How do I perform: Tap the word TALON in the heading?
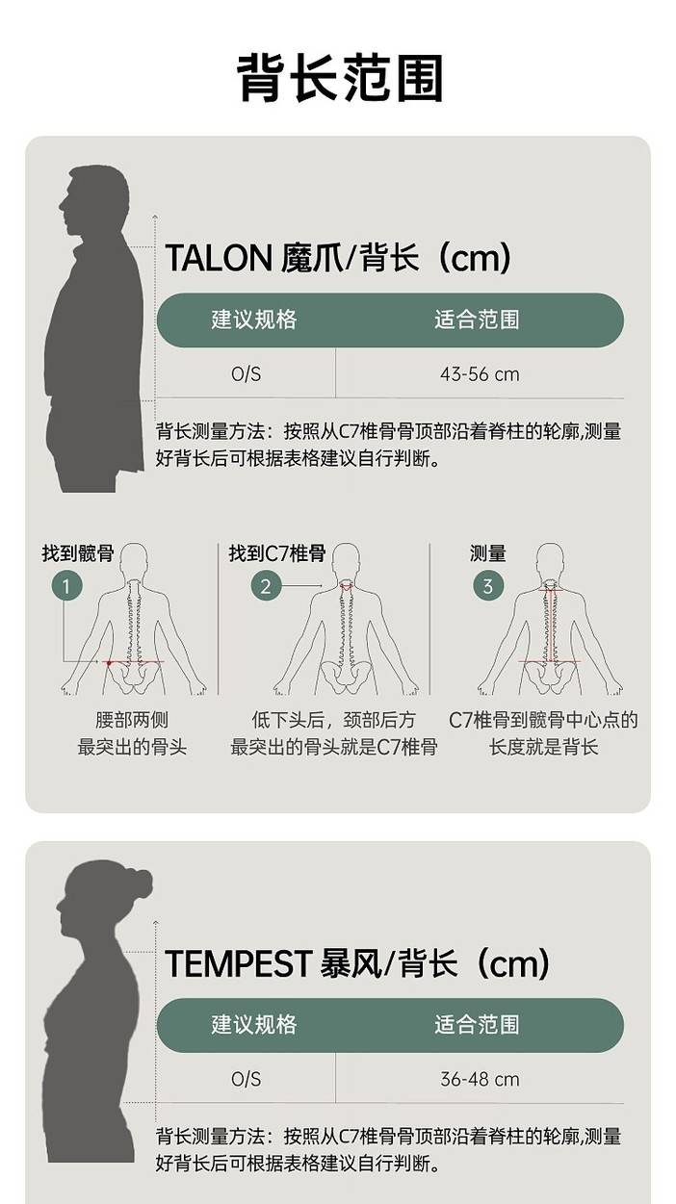coord(219,258)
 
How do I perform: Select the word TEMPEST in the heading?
coord(238,963)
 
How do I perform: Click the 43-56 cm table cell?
coord(480,374)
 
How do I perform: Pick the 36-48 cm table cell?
coord(480,1079)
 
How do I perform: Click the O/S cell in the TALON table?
coord(246,374)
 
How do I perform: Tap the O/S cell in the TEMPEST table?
coord(246,1079)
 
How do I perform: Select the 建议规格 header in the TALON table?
coord(254,320)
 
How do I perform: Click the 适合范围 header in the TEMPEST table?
coord(477,1024)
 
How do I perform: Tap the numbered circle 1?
coord(66,586)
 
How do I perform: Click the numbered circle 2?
coord(266,586)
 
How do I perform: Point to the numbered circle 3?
coord(488,586)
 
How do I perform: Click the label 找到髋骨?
coord(78,553)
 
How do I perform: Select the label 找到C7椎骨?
coord(277,553)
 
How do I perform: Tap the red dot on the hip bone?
coord(109,663)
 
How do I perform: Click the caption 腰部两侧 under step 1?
coord(132,720)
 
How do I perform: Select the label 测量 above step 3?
coord(488,553)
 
